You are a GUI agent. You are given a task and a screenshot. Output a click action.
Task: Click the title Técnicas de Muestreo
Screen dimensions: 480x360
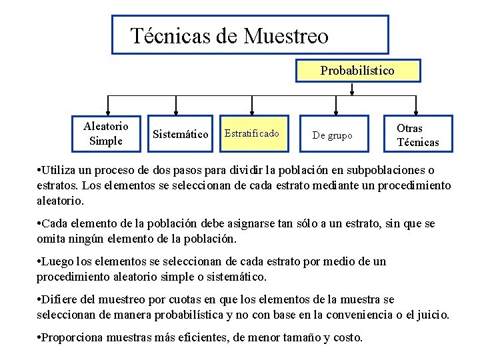pyautogui.click(x=229, y=35)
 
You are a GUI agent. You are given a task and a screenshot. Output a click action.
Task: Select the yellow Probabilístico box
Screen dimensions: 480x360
pyautogui.click(x=357, y=70)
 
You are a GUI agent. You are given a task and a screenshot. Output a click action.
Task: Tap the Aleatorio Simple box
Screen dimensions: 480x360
pyautogui.click(x=106, y=133)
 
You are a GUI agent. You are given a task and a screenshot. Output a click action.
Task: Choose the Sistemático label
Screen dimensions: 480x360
pyautogui.click(x=180, y=134)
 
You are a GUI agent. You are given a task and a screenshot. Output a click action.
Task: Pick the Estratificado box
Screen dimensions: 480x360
pyautogui.click(x=252, y=134)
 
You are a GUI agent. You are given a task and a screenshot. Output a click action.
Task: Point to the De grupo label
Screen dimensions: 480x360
pyautogui.click(x=333, y=135)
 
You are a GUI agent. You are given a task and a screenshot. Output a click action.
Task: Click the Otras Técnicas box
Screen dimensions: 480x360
pyautogui.click(x=418, y=135)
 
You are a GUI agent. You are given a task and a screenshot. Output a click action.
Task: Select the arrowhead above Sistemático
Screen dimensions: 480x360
pyautogui.click(x=176, y=111)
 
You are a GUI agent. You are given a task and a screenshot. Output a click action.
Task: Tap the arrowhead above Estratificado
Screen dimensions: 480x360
pyautogui.click(x=252, y=111)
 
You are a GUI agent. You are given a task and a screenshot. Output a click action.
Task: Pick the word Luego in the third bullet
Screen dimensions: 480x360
pyautogui.click(x=57, y=261)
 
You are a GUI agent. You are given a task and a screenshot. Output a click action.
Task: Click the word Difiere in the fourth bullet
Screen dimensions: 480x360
pyautogui.click(x=60, y=299)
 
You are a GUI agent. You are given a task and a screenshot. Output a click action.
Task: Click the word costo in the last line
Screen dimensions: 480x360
pyautogui.click(x=346, y=337)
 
